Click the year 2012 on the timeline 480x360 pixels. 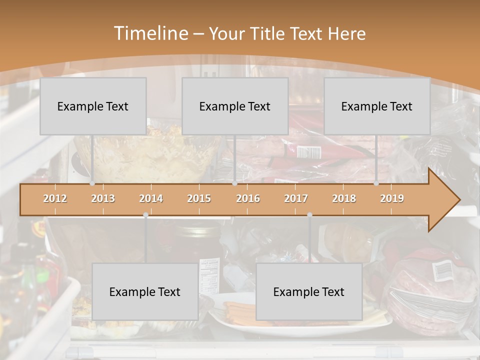(x=55, y=198)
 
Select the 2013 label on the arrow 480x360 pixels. (x=103, y=198)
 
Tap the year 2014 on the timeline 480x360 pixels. (x=151, y=198)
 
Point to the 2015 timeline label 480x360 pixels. (x=199, y=198)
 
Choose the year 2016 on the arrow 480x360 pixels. (x=248, y=198)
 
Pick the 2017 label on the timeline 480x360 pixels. (x=296, y=198)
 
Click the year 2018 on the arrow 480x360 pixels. (x=344, y=198)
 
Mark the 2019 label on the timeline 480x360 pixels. (x=392, y=198)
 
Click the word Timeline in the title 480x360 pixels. (x=150, y=33)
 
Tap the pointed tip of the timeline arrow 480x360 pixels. (x=458, y=200)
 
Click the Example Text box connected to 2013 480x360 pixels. (x=93, y=106)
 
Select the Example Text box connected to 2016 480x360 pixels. (x=235, y=106)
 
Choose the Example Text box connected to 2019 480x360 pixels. (x=377, y=106)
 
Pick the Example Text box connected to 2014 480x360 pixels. (x=145, y=291)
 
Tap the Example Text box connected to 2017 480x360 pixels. (x=309, y=291)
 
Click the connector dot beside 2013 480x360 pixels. (x=92, y=183)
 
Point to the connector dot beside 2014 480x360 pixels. (x=145, y=215)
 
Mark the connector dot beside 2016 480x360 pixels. (x=234, y=183)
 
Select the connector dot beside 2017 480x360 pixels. (x=309, y=215)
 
